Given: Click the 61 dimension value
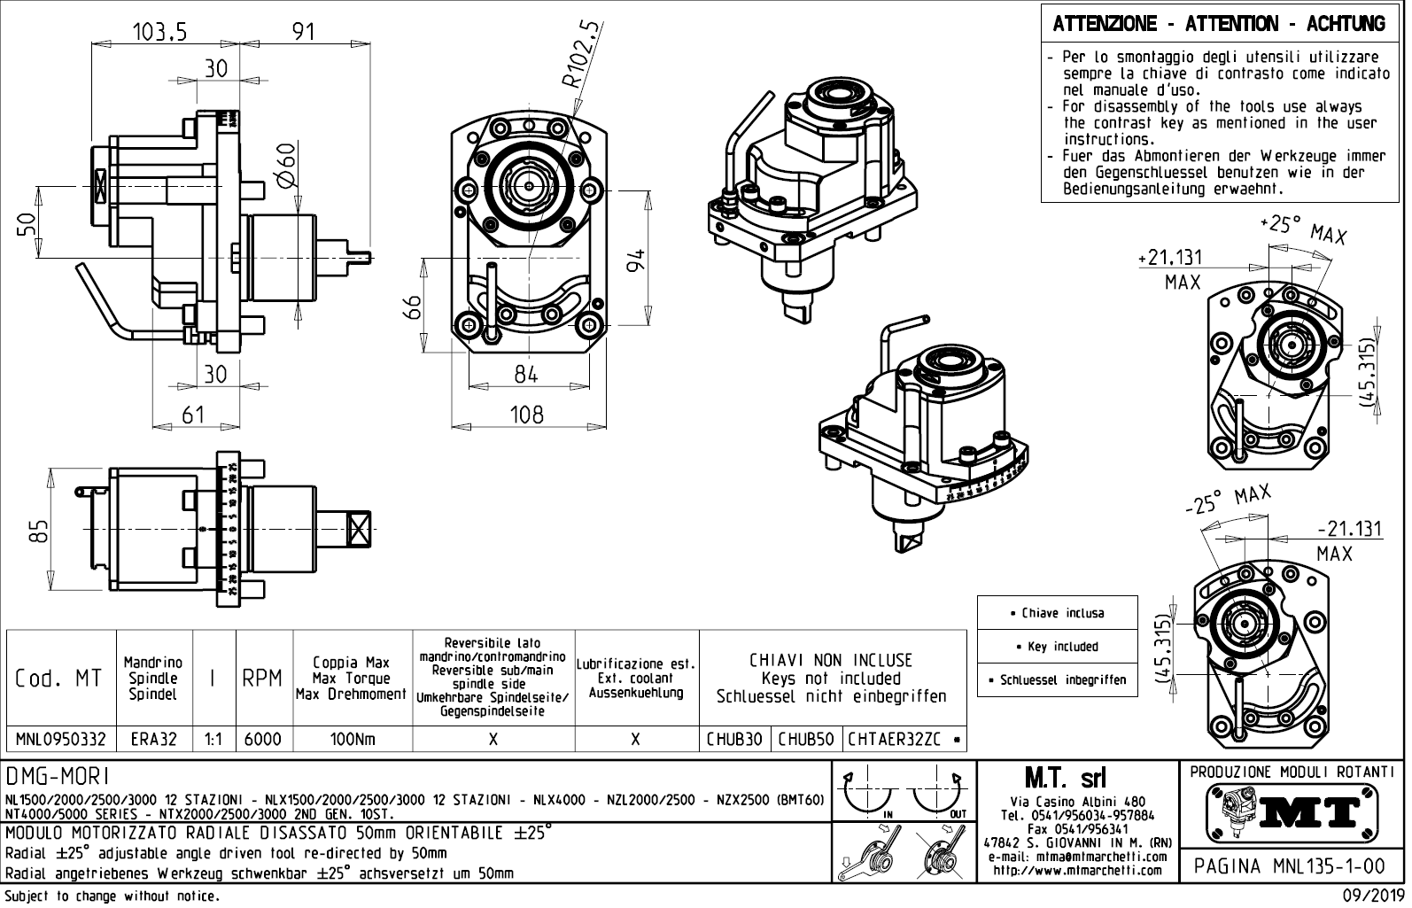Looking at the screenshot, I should click(193, 414).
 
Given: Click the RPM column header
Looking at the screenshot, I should click(263, 679).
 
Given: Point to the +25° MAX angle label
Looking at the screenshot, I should click(1302, 229).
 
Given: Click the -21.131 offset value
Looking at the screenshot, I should click(1348, 529).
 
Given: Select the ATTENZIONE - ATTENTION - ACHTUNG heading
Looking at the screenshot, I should click(1219, 24).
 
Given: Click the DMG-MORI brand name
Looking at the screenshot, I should click(58, 777).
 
